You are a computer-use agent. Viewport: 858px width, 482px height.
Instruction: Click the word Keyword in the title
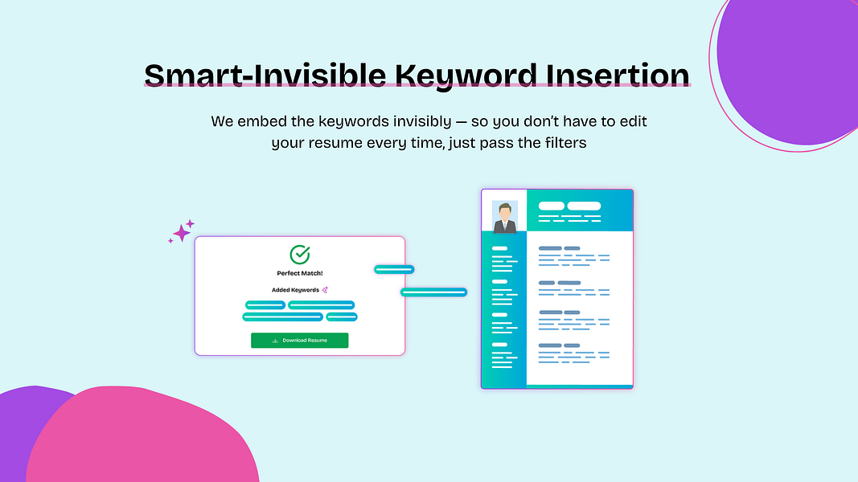click(x=466, y=75)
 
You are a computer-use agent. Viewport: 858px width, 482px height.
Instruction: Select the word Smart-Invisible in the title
click(x=265, y=75)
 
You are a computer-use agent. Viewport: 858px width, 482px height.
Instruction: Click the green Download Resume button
click(x=299, y=341)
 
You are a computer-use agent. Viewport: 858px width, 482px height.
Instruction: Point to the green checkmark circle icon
click(x=300, y=254)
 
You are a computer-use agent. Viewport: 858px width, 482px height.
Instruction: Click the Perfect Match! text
click(x=300, y=273)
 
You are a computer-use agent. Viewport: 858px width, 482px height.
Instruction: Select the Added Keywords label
click(x=295, y=290)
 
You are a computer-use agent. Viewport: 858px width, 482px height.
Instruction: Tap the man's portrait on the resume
click(x=504, y=217)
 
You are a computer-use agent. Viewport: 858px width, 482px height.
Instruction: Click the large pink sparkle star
click(x=181, y=233)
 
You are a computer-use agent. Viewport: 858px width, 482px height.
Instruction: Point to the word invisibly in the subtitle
click(x=422, y=121)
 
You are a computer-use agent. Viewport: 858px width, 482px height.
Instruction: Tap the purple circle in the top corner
click(x=788, y=71)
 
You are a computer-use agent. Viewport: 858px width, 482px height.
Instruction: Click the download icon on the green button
click(x=275, y=341)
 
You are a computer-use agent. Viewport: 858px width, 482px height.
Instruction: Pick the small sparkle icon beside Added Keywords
click(x=325, y=290)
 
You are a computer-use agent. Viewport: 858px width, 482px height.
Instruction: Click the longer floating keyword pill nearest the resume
click(x=434, y=292)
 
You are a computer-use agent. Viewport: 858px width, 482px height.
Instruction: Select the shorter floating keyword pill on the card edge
click(x=394, y=269)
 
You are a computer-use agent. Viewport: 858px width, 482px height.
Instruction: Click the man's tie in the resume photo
click(x=504, y=225)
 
